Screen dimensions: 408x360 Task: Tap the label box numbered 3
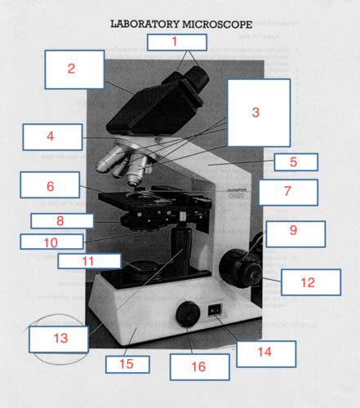tap(258, 113)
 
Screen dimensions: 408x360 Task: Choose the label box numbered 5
tap(296, 162)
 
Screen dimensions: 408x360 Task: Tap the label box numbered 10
tap(51, 242)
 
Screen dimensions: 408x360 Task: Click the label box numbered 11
tap(88, 261)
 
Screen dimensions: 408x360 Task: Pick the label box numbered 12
tap(310, 282)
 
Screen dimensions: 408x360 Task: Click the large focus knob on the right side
tap(241, 263)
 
